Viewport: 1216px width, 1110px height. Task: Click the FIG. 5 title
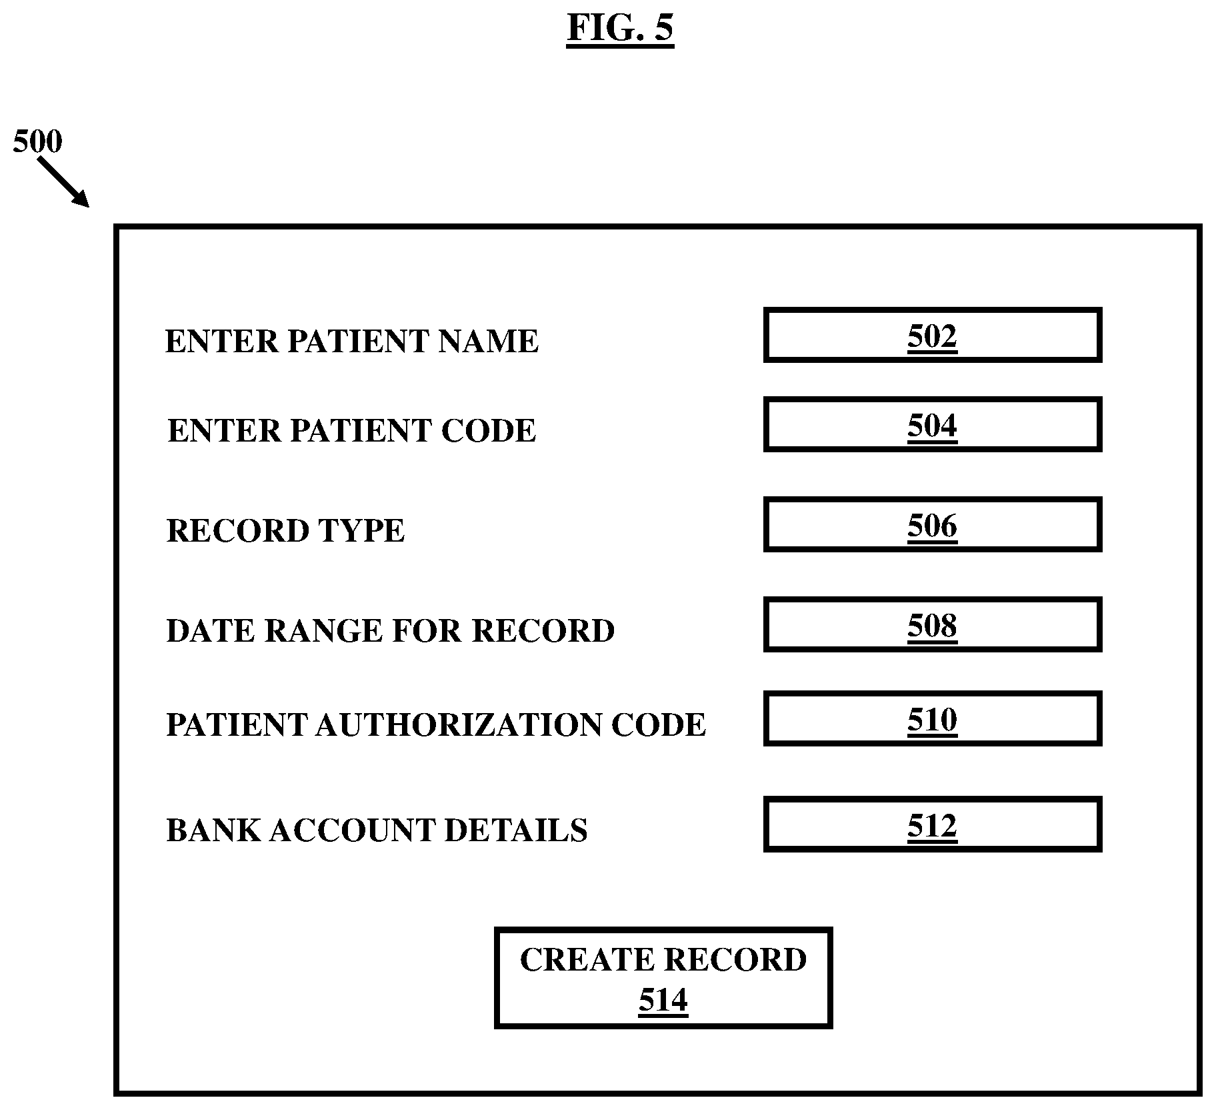[x=620, y=28]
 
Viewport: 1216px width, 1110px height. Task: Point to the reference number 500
[x=37, y=141]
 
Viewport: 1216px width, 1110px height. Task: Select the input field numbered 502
[x=932, y=336]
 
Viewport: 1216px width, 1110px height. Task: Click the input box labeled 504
[x=932, y=425]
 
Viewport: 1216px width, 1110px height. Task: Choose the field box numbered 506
[x=932, y=525]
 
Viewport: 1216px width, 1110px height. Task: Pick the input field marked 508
[x=932, y=625]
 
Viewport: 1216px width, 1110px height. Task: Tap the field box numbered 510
[x=932, y=719]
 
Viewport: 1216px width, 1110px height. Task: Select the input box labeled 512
[x=932, y=825]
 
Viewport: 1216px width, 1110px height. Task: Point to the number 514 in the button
[x=663, y=1001]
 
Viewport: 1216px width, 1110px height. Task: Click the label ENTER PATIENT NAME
[x=351, y=342]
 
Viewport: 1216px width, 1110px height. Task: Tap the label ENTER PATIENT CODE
[x=351, y=431]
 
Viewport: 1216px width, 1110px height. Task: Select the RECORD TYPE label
[x=285, y=531]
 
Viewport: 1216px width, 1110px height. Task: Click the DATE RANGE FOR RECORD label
[x=390, y=631]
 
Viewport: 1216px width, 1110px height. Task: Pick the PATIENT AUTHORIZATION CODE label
[x=436, y=725]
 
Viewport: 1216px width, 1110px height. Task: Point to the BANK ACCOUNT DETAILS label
[x=377, y=830]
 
